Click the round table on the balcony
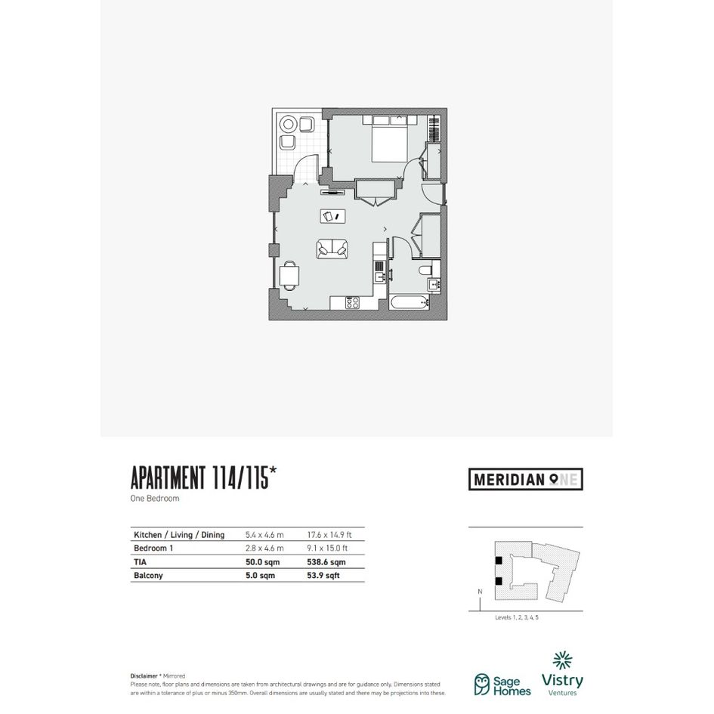pos(288,124)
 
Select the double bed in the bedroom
pos(390,138)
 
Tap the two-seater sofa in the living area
pos(332,249)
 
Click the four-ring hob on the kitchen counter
pos(352,302)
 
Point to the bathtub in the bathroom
pos(410,302)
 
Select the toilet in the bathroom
pos(426,270)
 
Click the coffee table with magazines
pos(332,216)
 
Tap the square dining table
pos(289,276)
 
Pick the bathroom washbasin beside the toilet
pos(434,286)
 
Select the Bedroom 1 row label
pos(153,549)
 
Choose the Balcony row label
pos(148,576)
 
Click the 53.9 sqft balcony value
pos(323,576)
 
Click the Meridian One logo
pos(525,479)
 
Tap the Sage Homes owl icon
pos(482,685)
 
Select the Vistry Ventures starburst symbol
pos(562,660)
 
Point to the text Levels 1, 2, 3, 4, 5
pos(517,617)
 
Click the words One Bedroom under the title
pos(155,498)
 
